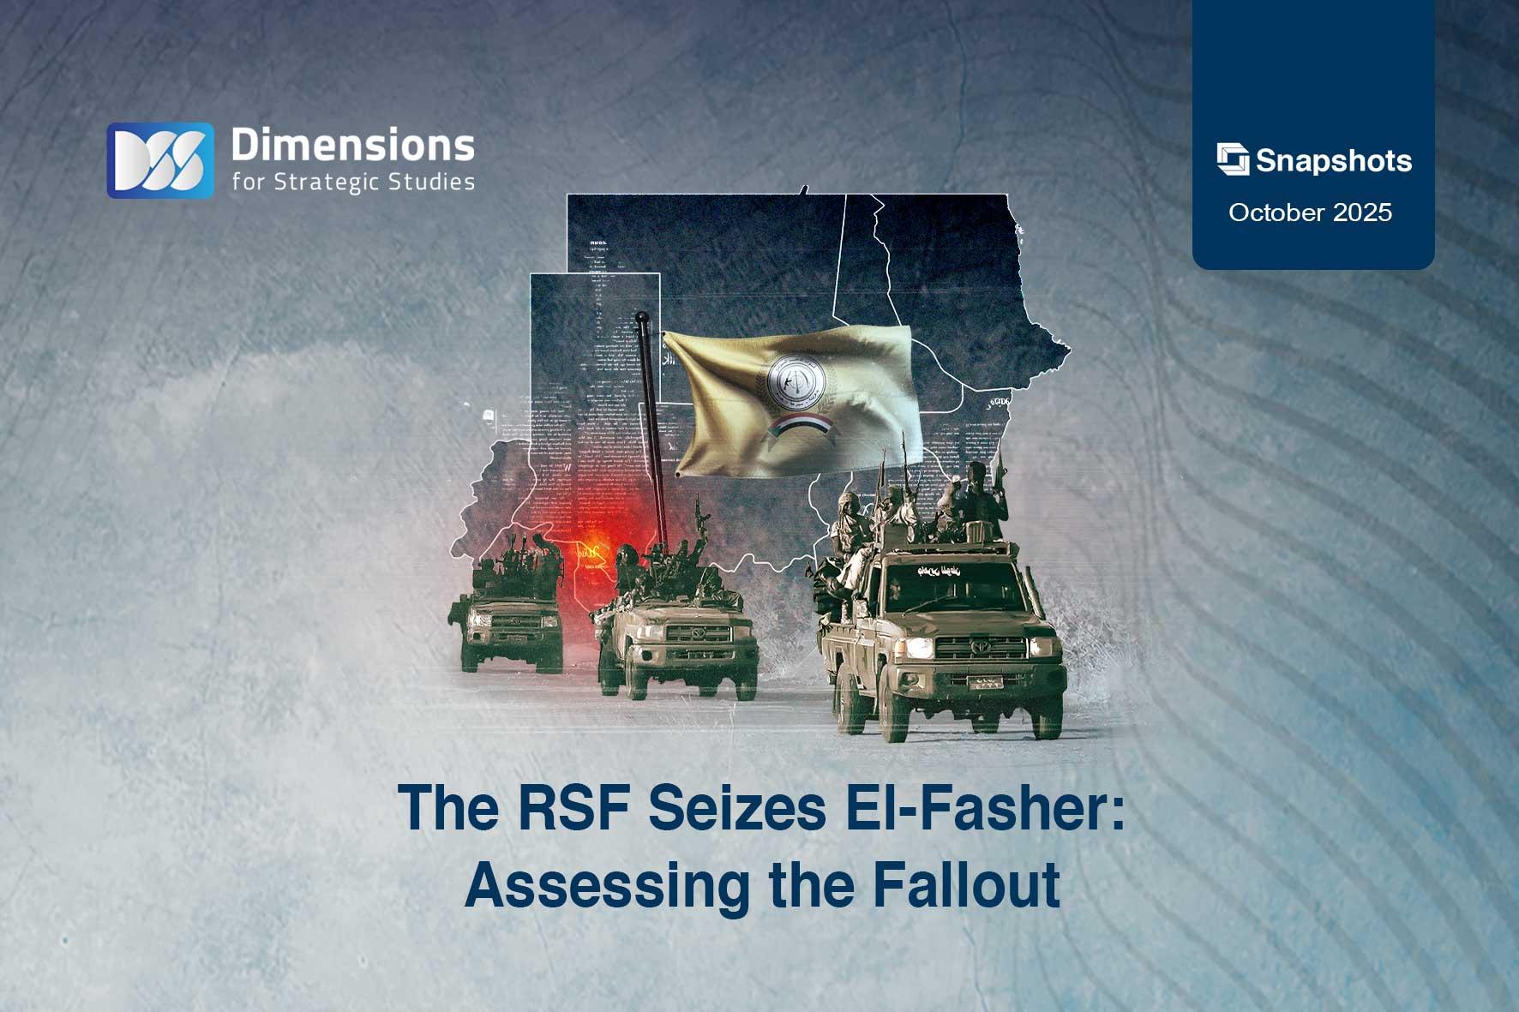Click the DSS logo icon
click(x=160, y=160)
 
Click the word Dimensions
click(x=352, y=146)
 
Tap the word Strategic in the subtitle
click(x=347, y=182)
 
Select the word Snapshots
click(x=1334, y=161)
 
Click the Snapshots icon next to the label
click(x=1233, y=159)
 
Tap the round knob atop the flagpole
click(x=641, y=319)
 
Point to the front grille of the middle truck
click(x=698, y=634)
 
